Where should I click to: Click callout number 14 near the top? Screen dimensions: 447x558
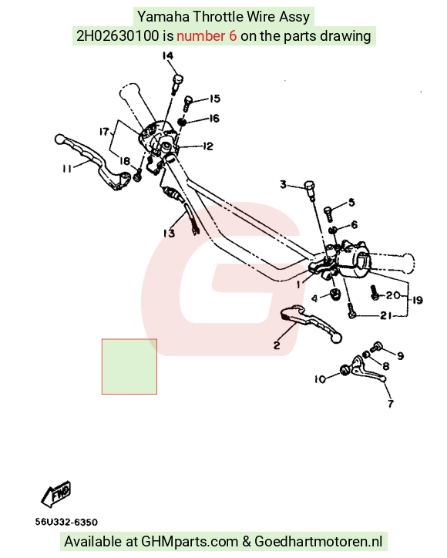168,55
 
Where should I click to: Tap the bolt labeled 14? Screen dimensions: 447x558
177,83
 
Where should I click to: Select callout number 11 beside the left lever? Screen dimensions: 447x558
67,168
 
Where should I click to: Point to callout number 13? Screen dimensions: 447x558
169,233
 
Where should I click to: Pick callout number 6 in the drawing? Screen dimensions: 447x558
354,224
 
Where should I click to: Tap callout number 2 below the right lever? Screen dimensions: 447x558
277,345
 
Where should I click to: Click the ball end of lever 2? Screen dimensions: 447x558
336,338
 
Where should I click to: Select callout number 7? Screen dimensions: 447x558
391,403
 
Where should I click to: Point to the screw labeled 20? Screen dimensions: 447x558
374,292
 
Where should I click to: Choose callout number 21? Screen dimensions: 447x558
386,315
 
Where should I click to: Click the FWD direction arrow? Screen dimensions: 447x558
56,494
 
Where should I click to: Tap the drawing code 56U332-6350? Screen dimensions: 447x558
66,522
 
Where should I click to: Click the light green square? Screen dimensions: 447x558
129,367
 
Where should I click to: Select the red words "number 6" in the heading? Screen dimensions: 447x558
207,36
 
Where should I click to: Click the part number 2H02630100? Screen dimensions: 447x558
118,36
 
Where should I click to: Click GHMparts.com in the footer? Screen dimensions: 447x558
190,542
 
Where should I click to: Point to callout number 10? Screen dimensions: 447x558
320,379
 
